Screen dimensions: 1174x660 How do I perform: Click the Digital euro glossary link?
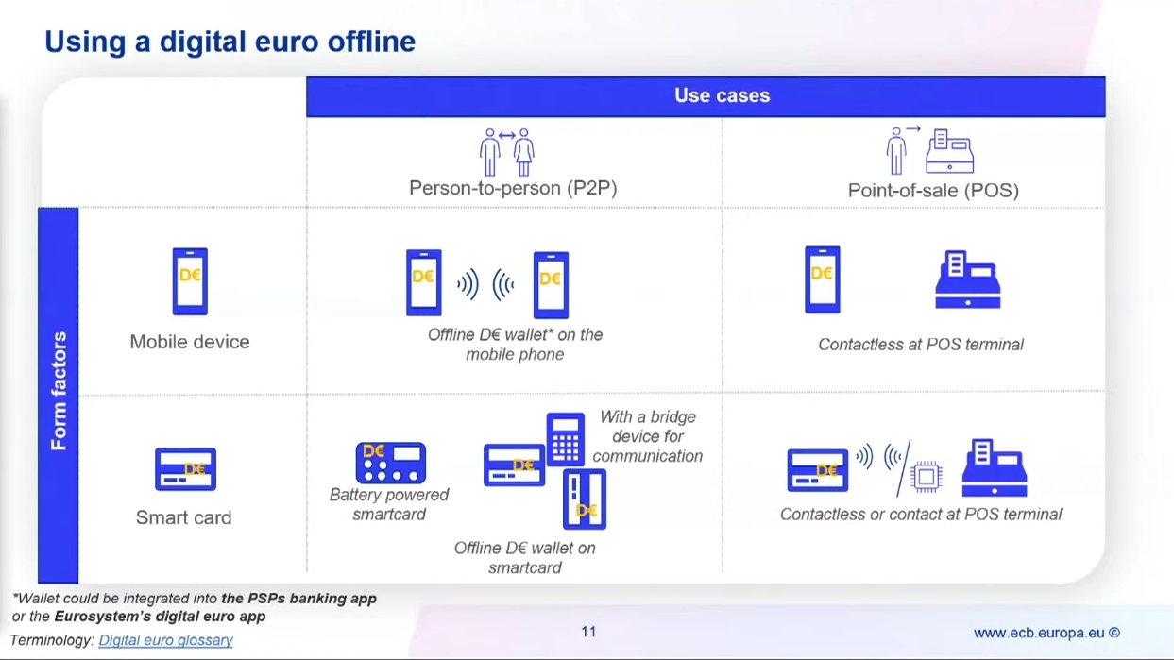tap(165, 640)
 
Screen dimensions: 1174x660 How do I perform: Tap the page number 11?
tap(588, 632)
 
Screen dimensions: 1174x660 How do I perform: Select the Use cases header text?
tap(722, 95)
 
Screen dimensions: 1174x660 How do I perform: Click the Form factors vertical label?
tap(59, 391)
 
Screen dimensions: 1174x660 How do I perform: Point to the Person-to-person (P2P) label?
tap(513, 188)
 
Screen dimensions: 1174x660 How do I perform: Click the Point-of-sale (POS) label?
tap(933, 190)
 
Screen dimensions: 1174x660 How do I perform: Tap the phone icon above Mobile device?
tap(190, 281)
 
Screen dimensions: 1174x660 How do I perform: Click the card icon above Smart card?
tap(185, 469)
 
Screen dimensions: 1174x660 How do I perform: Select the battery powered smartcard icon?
tap(390, 463)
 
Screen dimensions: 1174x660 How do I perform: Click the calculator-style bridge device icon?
tap(565, 439)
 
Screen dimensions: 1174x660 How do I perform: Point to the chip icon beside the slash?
tap(927, 477)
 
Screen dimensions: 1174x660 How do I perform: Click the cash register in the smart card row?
tap(995, 467)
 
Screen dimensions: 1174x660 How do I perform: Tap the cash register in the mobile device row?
tap(968, 279)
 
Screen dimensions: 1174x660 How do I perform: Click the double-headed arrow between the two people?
tap(507, 136)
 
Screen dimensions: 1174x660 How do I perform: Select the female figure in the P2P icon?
tap(523, 152)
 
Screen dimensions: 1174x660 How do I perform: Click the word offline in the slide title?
tap(371, 42)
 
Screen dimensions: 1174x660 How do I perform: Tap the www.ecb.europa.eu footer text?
tap(1039, 633)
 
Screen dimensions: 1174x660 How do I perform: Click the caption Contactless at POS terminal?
tap(921, 344)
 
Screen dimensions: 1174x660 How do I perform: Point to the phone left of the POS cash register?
tap(823, 279)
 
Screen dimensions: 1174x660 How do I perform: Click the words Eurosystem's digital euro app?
tap(160, 617)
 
